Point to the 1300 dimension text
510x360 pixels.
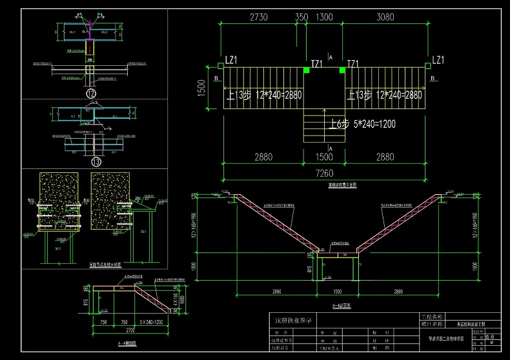tap(325, 17)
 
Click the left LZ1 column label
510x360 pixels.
tap(231, 60)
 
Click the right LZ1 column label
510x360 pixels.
tap(437, 60)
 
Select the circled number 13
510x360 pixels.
tap(97, 161)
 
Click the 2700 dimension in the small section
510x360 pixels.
tap(131, 330)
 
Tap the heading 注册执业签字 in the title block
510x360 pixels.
tap(294, 320)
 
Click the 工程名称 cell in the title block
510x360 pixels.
tap(431, 317)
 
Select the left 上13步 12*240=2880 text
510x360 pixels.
tap(265, 95)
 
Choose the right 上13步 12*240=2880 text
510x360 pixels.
tap(385, 95)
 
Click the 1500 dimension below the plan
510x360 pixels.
tap(325, 157)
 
